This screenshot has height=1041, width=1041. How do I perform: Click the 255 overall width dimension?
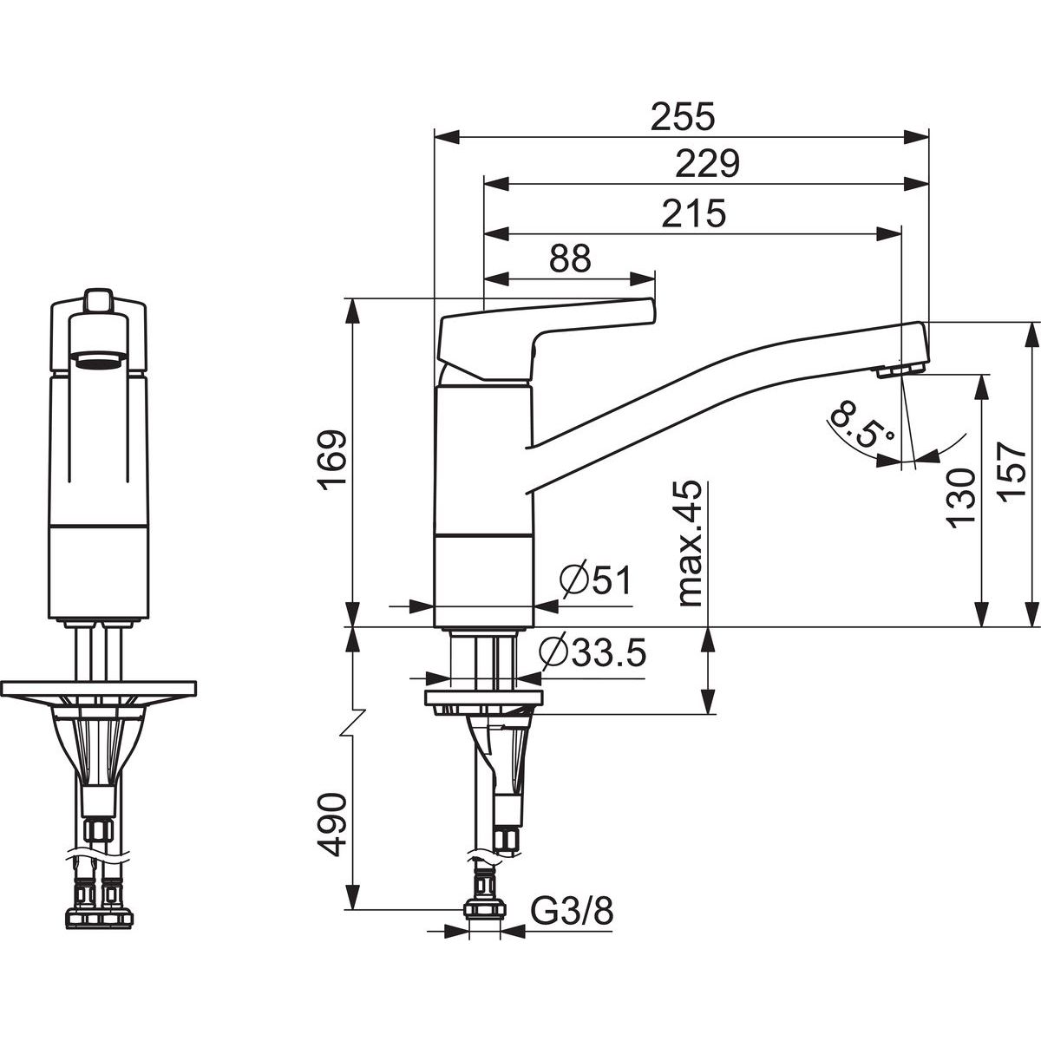pyautogui.click(x=683, y=117)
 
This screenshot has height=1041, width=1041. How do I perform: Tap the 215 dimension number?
pyautogui.click(x=694, y=213)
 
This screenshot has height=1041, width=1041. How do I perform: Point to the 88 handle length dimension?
pyautogui.click(x=570, y=260)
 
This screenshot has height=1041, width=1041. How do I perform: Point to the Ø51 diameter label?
pyautogui.click(x=595, y=581)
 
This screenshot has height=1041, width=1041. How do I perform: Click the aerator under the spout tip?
pyautogui.click(x=900, y=370)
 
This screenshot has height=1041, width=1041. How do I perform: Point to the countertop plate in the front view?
pyautogui.click(x=99, y=689)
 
